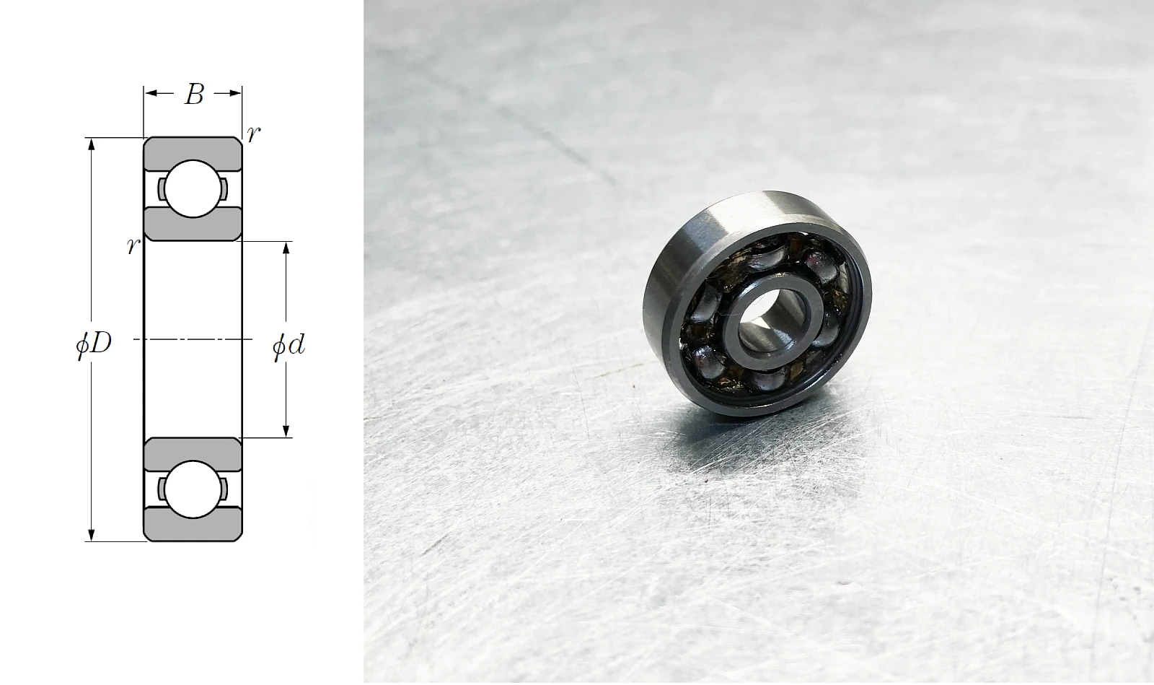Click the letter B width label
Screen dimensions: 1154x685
coord(194,95)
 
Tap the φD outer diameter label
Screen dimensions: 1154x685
coord(94,344)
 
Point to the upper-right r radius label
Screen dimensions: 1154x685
coord(253,134)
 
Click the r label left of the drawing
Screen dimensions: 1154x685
coord(133,247)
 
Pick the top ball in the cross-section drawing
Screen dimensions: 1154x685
coord(193,188)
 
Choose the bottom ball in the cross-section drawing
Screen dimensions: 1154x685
coord(193,489)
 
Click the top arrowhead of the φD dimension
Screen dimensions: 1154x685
coord(92,144)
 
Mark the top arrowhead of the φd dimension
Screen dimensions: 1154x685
coord(286,248)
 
